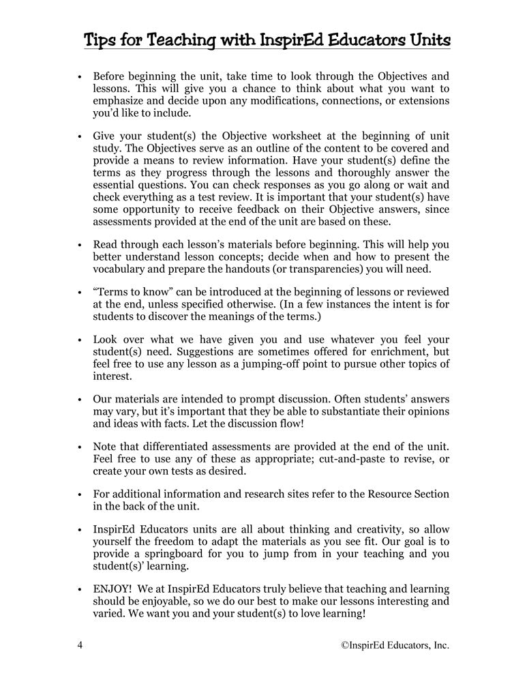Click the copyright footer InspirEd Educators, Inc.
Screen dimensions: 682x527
coord(395,644)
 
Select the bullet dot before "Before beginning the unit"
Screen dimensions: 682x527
coord(80,78)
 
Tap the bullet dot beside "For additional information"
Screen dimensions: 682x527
coord(80,494)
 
